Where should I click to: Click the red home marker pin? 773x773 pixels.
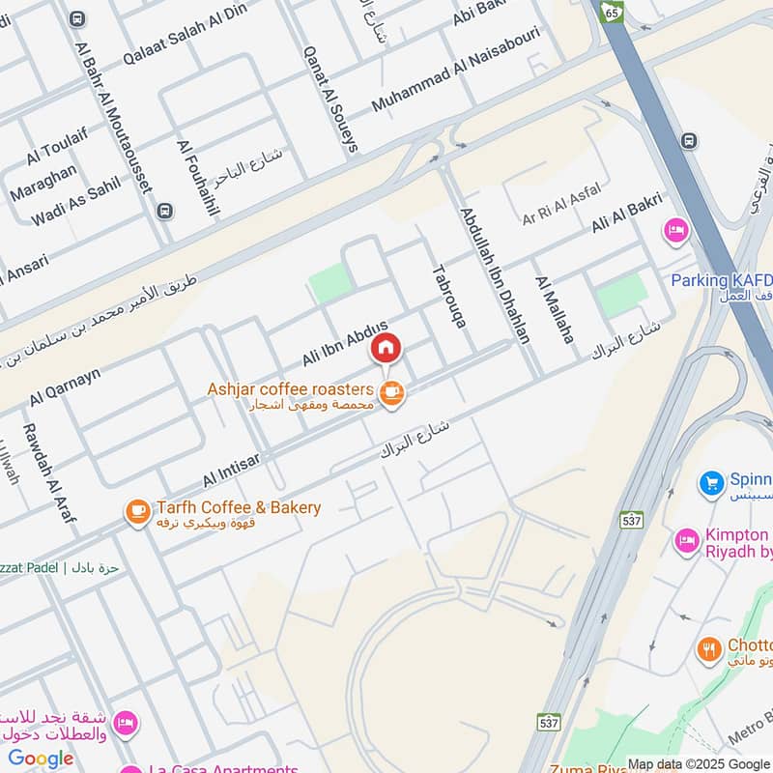[x=386, y=349]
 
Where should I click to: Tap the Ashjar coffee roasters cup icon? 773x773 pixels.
[x=391, y=393]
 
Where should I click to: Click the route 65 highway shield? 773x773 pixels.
[x=611, y=11]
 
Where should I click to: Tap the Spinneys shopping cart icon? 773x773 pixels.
[x=712, y=481]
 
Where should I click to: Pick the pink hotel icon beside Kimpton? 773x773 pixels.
[x=687, y=540]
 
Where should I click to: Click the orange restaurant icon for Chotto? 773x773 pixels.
[x=710, y=649]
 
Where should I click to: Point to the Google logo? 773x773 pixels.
[x=41, y=759]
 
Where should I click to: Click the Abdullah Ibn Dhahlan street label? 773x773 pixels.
[x=496, y=275]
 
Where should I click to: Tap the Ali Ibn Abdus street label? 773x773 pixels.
[x=345, y=343]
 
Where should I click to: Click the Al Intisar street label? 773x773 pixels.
[x=231, y=470]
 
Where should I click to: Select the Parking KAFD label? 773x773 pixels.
[x=721, y=280]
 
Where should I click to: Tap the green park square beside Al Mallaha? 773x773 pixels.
[x=620, y=295]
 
